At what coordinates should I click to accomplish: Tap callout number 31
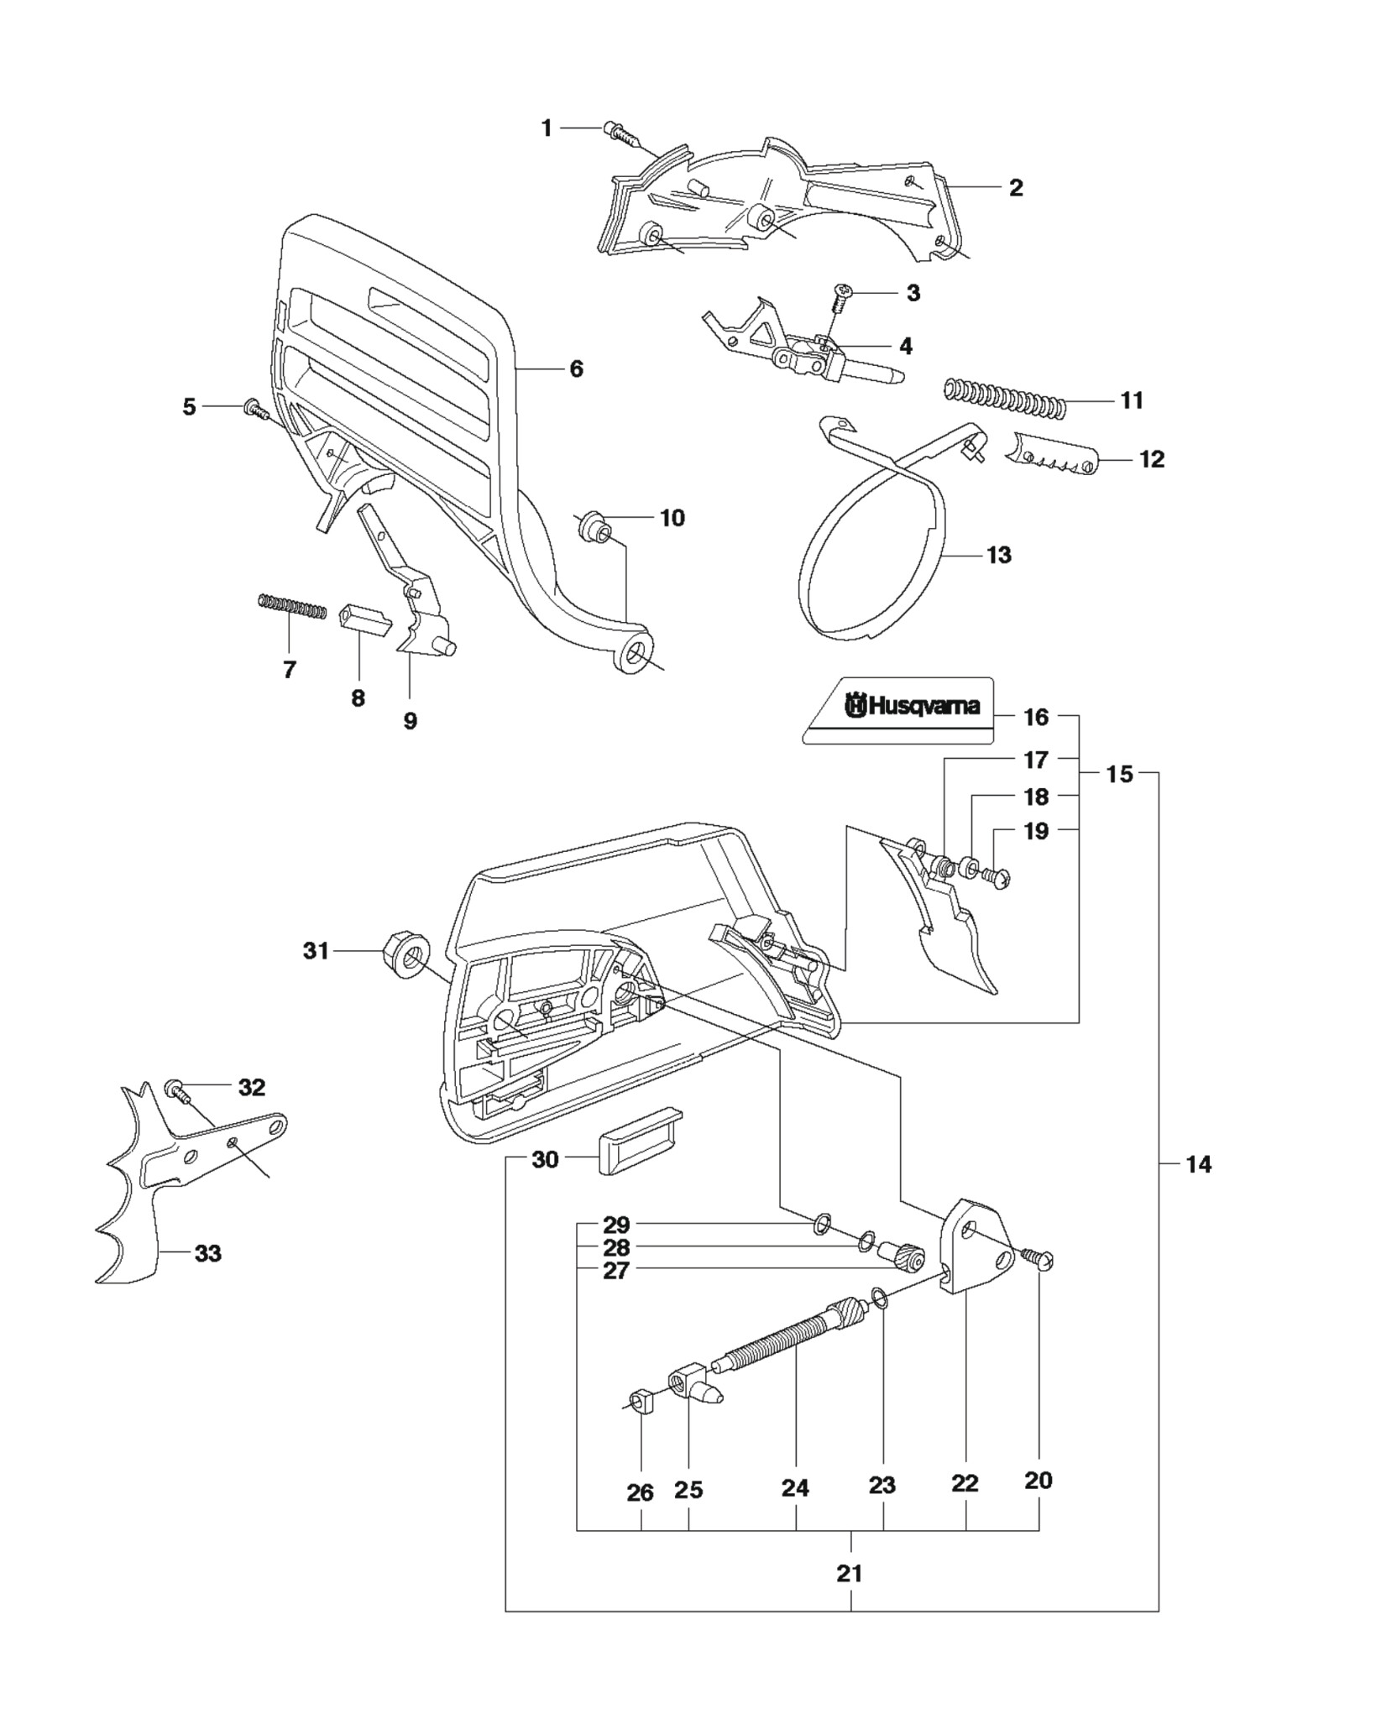coord(316,951)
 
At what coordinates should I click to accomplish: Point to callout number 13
coord(999,555)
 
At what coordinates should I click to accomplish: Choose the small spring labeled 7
coord(291,607)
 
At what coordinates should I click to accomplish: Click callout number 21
coord(850,1573)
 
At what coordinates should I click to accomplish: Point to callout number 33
coord(207,1277)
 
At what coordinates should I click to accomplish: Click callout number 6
coord(576,368)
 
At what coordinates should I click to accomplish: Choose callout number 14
coord(1198,1164)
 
